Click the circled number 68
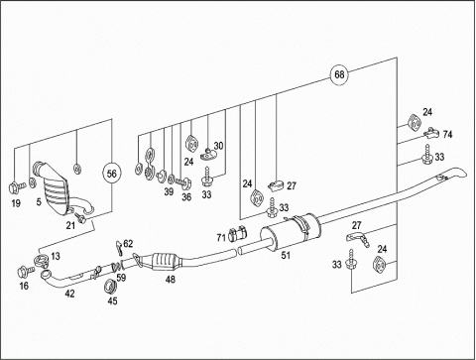(x=339, y=74)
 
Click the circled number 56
(x=112, y=174)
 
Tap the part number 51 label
(x=286, y=255)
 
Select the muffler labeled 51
(x=291, y=231)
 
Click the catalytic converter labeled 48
(x=165, y=261)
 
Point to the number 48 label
(x=171, y=280)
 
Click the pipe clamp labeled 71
(x=238, y=234)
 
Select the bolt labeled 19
(x=16, y=187)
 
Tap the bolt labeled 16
(x=26, y=272)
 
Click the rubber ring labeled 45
(x=110, y=287)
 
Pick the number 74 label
(x=447, y=135)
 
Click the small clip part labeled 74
(x=431, y=133)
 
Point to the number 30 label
(x=218, y=146)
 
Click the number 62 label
(x=128, y=244)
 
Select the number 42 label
(x=69, y=294)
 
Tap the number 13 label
(x=56, y=256)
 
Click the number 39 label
(x=169, y=191)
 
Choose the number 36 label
(x=186, y=197)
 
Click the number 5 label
(x=39, y=201)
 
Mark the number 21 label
(x=70, y=226)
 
